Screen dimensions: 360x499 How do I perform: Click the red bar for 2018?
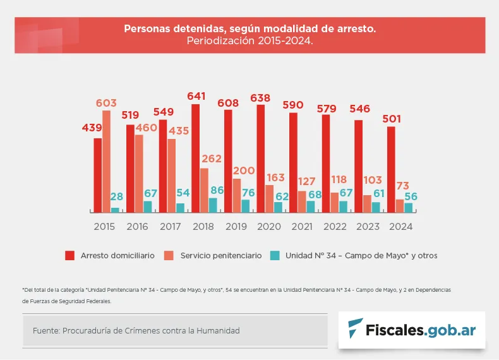195,158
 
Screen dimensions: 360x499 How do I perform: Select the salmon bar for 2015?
106,161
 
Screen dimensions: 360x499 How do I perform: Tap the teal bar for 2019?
245,206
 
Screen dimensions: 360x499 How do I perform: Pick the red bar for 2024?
391,169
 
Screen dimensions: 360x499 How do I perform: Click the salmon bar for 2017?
172,175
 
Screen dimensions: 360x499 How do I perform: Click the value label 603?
106,103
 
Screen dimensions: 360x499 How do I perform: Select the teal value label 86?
217,189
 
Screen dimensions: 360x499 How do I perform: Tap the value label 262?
212,159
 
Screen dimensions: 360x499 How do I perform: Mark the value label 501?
392,119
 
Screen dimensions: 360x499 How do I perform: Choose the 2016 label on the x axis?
137,225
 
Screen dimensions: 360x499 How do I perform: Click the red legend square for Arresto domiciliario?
70,256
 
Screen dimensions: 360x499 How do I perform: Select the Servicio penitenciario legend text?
220,256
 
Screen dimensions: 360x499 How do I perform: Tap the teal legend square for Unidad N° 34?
275,256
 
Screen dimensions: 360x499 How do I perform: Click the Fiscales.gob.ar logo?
412,330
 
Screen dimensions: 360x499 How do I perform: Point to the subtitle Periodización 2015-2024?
249,40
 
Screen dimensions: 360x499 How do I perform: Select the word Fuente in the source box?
45,330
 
